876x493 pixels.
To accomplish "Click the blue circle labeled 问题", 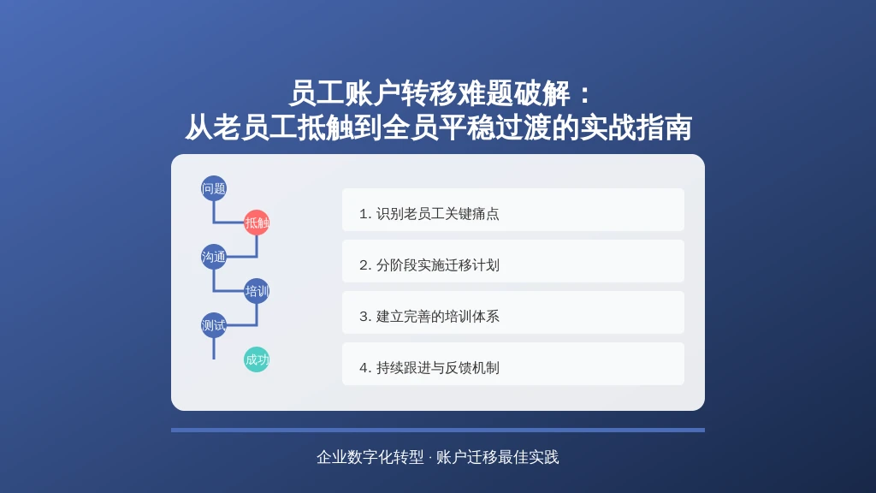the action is [213, 188].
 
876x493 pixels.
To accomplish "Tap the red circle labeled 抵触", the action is [257, 223].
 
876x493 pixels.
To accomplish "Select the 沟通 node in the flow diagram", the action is [213, 257].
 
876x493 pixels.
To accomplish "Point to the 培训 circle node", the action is [257, 291].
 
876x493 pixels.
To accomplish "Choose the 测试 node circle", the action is [213, 324].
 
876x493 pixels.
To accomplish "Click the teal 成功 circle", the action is [257, 359].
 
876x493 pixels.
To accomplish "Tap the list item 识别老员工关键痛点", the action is [513, 210].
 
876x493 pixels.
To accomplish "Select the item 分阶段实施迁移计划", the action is [513, 261].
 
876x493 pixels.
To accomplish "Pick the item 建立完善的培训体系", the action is [513, 312].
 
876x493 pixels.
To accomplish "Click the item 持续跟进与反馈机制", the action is [513, 364].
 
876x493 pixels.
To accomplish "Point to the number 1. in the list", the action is [365, 214].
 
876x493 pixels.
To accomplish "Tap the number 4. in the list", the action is [365, 368].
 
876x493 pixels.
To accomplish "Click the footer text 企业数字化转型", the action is [370, 457].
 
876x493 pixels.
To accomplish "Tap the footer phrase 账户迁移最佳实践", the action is [497, 457].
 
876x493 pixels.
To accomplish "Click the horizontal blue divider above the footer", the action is [438, 430].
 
